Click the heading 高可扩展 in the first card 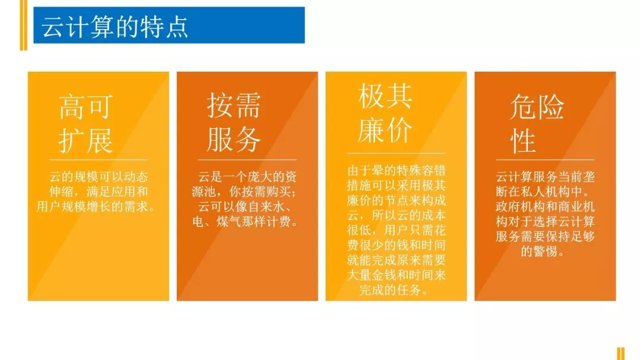coord(86,125)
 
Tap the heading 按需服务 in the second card coord(234,123)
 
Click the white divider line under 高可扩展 coord(99,160)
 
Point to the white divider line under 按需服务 coord(247,160)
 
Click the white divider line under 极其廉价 coord(396,153)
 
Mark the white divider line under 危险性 coord(545,160)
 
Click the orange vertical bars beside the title coord(23,25)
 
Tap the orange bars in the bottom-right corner coord(620,353)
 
